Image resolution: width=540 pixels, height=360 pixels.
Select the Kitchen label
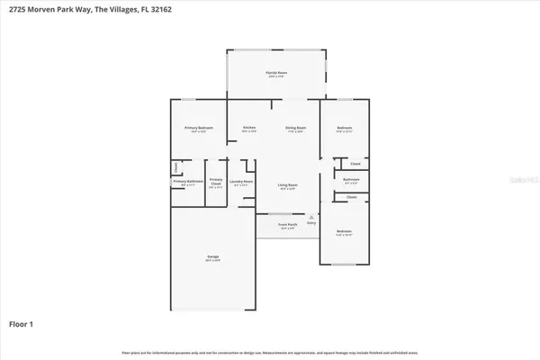(x=249, y=128)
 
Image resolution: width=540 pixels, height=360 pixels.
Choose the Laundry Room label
(x=241, y=182)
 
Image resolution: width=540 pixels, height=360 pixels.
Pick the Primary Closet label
(x=216, y=182)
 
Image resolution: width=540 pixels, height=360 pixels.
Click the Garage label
(x=213, y=257)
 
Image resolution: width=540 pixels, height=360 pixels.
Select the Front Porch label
(x=287, y=226)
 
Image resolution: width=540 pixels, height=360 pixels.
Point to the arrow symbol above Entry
(x=311, y=216)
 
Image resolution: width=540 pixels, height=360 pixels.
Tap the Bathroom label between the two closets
(x=352, y=179)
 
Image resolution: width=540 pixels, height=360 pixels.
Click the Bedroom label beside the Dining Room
(x=345, y=128)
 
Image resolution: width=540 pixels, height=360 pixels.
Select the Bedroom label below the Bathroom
(x=345, y=231)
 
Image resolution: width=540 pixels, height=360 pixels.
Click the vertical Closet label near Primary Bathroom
(x=175, y=167)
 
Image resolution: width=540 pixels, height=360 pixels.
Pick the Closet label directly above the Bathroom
(x=355, y=164)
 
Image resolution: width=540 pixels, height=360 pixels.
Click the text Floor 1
(x=22, y=323)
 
